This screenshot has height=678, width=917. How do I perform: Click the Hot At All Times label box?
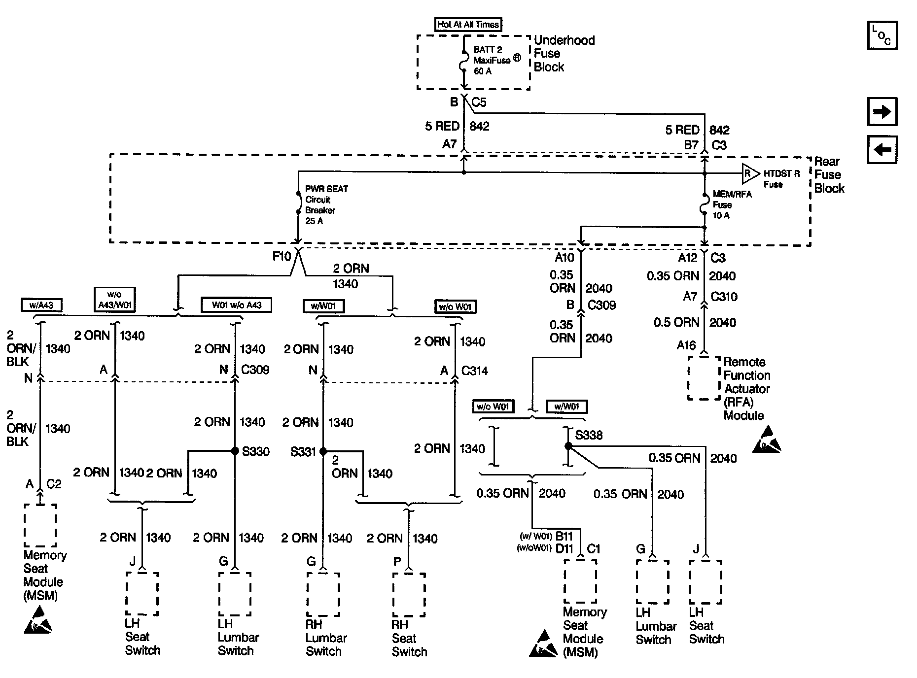(x=468, y=24)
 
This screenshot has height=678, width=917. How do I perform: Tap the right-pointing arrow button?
(x=882, y=111)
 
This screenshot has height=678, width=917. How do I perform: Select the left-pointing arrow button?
(x=882, y=149)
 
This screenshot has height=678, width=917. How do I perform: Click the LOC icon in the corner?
(x=882, y=35)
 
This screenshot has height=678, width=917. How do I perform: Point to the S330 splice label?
(x=256, y=451)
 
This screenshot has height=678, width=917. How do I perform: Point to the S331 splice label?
(x=303, y=451)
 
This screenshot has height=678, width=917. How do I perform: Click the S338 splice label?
(x=589, y=435)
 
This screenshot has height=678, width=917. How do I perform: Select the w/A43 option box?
(x=41, y=305)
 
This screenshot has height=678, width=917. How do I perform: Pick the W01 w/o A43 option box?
(x=236, y=305)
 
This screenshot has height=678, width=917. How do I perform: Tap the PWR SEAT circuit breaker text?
(x=326, y=205)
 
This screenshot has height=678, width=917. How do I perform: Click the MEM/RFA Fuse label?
(x=732, y=204)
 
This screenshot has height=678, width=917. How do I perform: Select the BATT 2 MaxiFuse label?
(x=492, y=60)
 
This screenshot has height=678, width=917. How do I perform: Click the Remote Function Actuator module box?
(x=704, y=378)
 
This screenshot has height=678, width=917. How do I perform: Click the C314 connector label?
(x=474, y=371)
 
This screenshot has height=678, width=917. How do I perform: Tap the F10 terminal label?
(x=282, y=256)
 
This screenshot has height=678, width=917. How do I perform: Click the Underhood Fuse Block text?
(x=564, y=54)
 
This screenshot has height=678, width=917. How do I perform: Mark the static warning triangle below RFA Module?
(x=767, y=440)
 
